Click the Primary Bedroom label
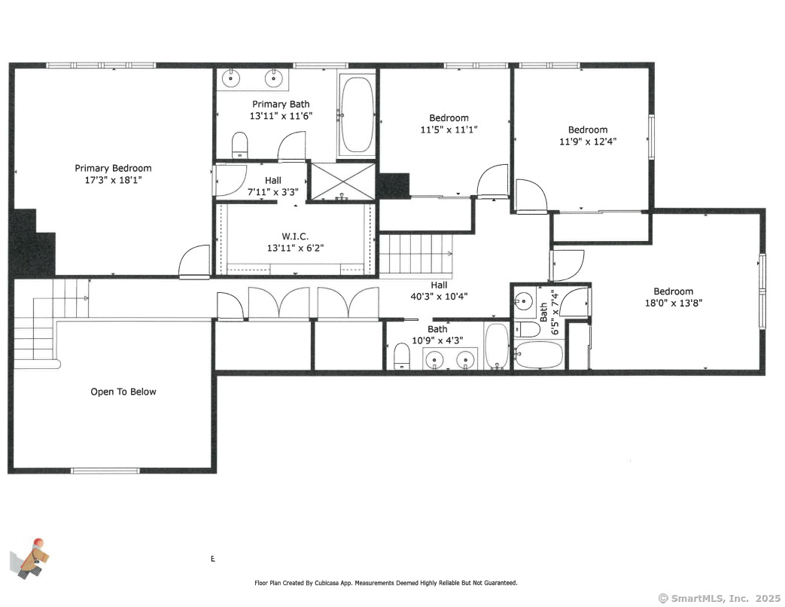(x=113, y=168)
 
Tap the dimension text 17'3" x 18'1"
(x=113, y=180)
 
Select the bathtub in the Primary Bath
(x=357, y=114)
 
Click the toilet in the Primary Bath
(x=240, y=145)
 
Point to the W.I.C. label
(x=295, y=236)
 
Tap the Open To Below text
(x=123, y=392)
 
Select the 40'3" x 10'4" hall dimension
(x=439, y=297)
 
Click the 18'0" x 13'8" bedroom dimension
(x=674, y=303)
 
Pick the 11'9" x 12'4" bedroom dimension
(x=588, y=142)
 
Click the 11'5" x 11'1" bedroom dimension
(x=449, y=130)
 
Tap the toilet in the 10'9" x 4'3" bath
(x=401, y=356)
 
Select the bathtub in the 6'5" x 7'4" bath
(x=539, y=355)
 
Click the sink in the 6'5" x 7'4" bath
(x=524, y=301)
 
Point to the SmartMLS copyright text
(x=720, y=598)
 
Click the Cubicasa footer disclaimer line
(x=386, y=583)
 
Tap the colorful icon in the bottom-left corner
(x=30, y=558)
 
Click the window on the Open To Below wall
(x=105, y=471)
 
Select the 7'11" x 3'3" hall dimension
(x=273, y=192)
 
